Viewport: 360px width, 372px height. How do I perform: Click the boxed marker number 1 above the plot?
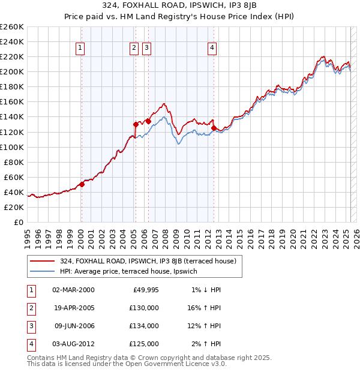[80, 49]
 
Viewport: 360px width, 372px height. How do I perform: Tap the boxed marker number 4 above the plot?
[212, 49]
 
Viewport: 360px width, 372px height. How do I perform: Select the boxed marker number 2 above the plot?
[134, 49]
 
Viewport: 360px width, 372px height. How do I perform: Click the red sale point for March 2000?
[82, 185]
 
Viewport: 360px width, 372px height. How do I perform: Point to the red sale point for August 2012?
[214, 128]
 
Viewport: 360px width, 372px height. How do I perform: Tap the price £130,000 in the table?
[145, 307]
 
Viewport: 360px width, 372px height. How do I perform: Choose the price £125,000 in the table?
[145, 344]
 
